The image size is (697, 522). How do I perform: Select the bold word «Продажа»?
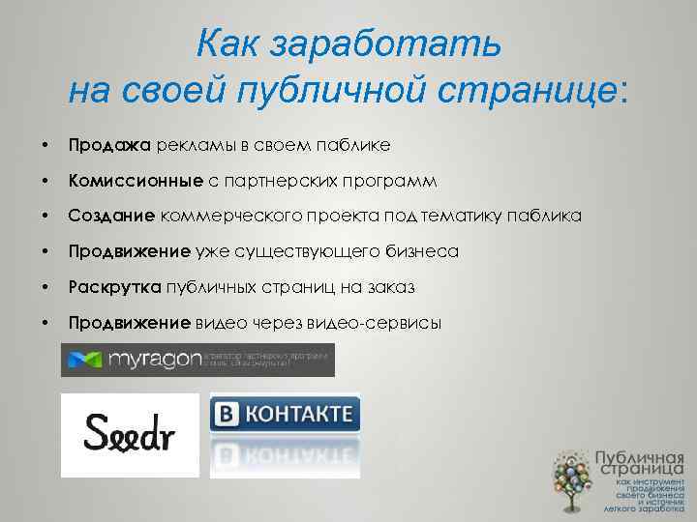pyautogui.click(x=109, y=146)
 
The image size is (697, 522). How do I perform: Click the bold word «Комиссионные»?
pyautogui.click(x=136, y=182)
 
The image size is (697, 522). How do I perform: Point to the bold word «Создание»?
pyautogui.click(x=112, y=217)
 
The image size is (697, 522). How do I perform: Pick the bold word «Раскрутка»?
pyautogui.click(x=116, y=288)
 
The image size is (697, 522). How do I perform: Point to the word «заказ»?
pyautogui.click(x=395, y=288)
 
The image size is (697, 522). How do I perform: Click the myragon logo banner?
pyautogui.click(x=197, y=360)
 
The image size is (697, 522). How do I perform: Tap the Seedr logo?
pyautogui.click(x=129, y=434)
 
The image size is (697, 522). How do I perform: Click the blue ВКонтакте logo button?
pyautogui.click(x=285, y=416)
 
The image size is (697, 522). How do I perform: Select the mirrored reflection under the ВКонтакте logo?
pyautogui.click(x=285, y=454)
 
